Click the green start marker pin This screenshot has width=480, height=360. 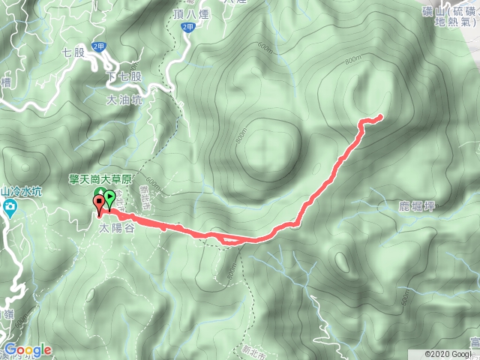pyautogui.click(x=110, y=199)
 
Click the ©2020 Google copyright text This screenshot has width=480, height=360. pyautogui.click(x=451, y=354)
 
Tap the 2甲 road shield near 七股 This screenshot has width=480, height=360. pyautogui.click(x=98, y=46)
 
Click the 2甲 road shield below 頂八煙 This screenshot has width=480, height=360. pyautogui.click(x=187, y=26)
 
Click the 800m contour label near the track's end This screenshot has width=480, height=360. pyautogui.click(x=352, y=62)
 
